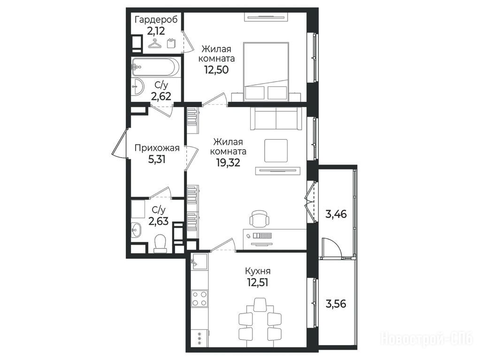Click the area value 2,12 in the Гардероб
(156, 31)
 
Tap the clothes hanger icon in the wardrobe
(156, 44)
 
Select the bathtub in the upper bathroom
(155, 67)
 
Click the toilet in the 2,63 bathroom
(160, 244)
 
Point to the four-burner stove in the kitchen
(199, 298)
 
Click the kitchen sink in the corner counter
(199, 261)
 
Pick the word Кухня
(258, 271)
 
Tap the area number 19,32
(228, 163)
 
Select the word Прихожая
(157, 148)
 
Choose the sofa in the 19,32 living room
(276, 119)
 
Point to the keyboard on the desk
(263, 236)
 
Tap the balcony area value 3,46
(336, 214)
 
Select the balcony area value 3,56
(336, 304)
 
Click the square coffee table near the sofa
(276, 150)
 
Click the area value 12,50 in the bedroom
(216, 70)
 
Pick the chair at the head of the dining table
(260, 304)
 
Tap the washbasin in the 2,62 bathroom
(138, 86)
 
